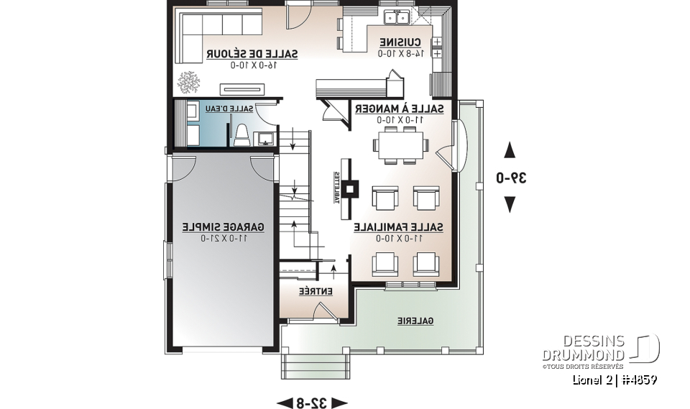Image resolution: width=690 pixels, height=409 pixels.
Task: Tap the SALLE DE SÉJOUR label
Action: [x=252, y=54]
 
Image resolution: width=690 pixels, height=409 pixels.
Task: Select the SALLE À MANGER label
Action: [x=398, y=109]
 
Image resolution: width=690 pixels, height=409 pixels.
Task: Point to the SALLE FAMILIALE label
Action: [x=398, y=227]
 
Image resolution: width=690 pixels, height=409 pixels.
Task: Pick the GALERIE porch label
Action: [x=415, y=321]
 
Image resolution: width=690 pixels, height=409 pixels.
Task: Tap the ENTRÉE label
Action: [x=316, y=291]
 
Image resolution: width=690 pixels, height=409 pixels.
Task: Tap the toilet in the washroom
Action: [x=242, y=134]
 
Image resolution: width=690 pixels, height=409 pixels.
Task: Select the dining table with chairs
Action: [x=400, y=144]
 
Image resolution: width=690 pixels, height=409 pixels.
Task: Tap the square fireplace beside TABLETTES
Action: [x=351, y=189]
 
